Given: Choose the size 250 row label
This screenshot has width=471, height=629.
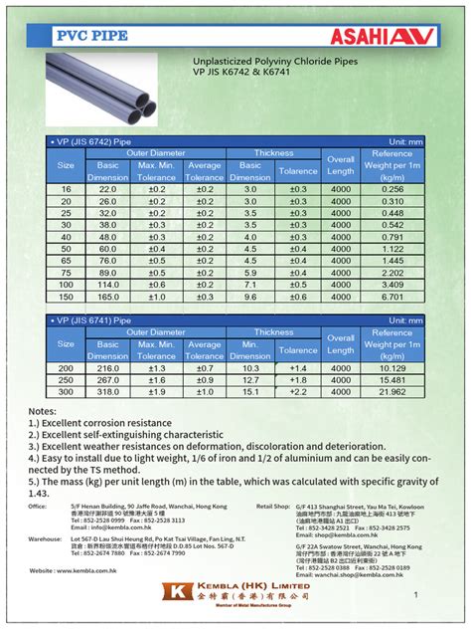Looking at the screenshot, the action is (67, 380).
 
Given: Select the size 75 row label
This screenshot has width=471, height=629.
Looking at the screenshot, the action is (67, 273).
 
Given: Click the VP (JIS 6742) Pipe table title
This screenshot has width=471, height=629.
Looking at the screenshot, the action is (89, 141).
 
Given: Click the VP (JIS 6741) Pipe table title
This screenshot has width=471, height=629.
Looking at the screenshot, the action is (89, 320).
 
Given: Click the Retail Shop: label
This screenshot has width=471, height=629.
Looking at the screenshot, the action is (272, 507).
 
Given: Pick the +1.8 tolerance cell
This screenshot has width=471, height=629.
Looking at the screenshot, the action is (298, 380).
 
